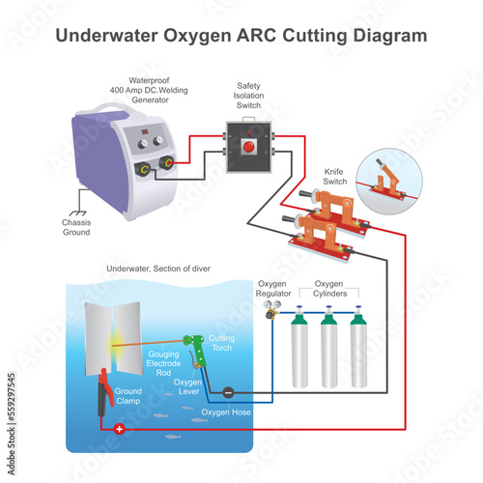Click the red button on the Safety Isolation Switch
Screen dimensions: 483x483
tap(248, 147)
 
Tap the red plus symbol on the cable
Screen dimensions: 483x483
tap(120, 429)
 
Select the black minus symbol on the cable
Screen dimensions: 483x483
tap(228, 392)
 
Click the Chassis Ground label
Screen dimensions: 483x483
tap(76, 227)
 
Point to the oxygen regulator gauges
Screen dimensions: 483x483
tap(272, 304)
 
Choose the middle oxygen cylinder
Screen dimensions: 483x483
tap(328, 347)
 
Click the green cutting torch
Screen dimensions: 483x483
tap(196, 350)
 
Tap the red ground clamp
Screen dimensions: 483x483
tap(104, 393)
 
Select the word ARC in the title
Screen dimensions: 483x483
tap(257, 36)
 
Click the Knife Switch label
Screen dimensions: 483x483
tap(335, 177)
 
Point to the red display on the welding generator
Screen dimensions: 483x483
tap(145, 131)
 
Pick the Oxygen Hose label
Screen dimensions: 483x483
tap(226, 412)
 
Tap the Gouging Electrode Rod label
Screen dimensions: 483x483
tap(163, 363)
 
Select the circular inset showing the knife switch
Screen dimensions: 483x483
tap(389, 182)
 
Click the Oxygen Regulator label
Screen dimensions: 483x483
tap(273, 289)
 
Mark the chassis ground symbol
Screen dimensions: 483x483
tap(78, 213)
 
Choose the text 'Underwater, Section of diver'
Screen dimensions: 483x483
tap(158, 269)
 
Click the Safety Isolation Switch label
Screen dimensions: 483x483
tap(248, 96)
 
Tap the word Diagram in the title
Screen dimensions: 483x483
tap(390, 36)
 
